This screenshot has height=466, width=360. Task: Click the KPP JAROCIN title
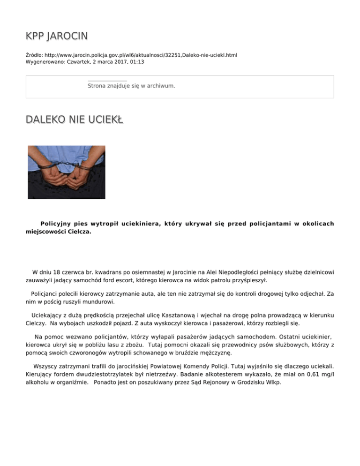click(x=56, y=36)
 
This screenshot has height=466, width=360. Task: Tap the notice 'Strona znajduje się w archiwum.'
click(x=131, y=86)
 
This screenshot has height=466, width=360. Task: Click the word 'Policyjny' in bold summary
click(x=57, y=224)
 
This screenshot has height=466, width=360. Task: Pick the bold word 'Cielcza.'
click(x=78, y=232)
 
